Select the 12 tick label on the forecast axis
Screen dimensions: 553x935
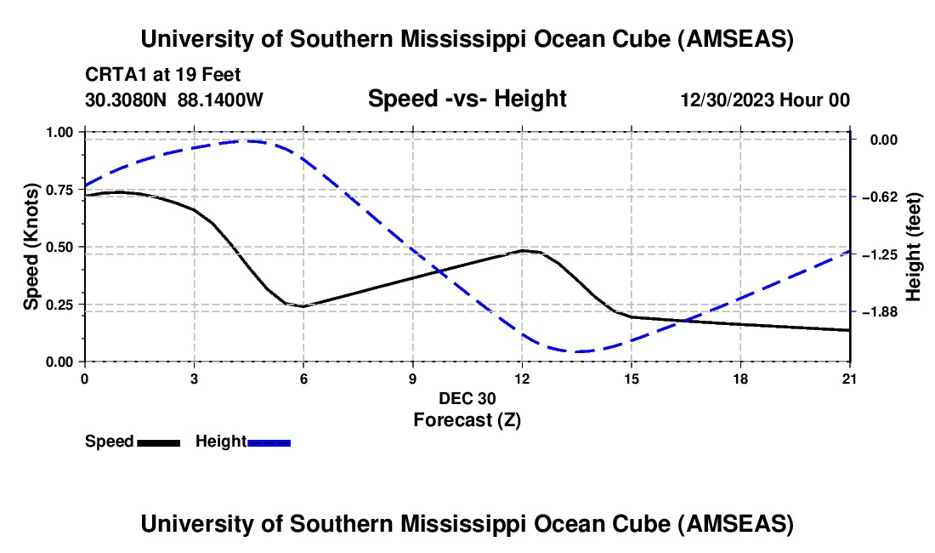point(522,379)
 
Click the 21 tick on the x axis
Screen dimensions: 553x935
point(850,379)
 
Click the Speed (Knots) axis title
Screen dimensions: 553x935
point(31,247)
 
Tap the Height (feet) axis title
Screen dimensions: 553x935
point(915,247)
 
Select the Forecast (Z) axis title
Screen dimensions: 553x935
point(467,419)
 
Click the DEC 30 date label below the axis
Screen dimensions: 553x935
point(467,398)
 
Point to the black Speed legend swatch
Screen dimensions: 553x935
point(158,442)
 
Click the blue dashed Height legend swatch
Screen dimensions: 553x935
point(269,442)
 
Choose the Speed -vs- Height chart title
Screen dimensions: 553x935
point(467,99)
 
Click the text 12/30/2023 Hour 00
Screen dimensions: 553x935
point(765,100)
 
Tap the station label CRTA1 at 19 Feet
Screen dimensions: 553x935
point(168,75)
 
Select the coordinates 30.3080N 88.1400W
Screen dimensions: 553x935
point(174,100)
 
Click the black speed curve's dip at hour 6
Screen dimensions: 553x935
point(303,306)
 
